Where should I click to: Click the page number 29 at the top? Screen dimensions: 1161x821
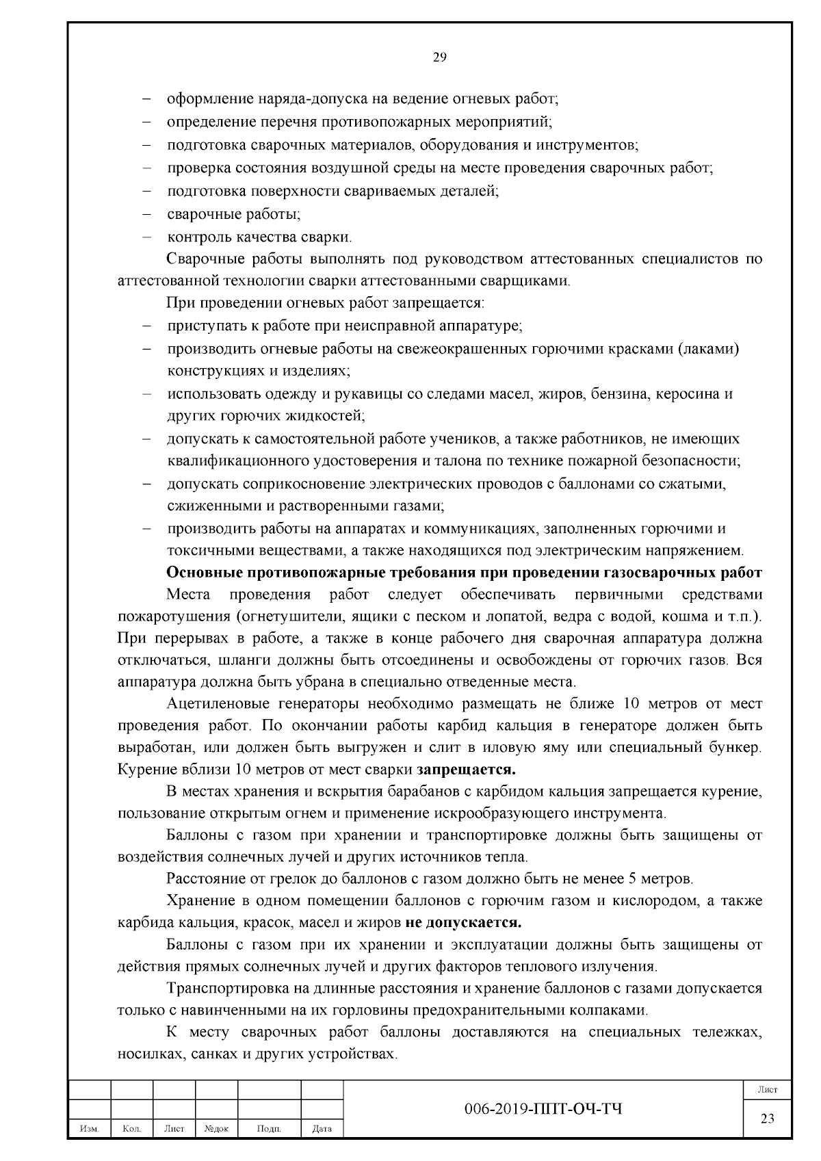pyautogui.click(x=440, y=57)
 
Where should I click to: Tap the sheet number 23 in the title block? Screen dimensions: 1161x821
pyautogui.click(x=767, y=1118)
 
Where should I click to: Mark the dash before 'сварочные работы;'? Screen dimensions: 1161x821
pyautogui.click(x=146, y=215)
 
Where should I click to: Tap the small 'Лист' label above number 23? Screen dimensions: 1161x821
pyautogui.click(x=767, y=1089)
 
